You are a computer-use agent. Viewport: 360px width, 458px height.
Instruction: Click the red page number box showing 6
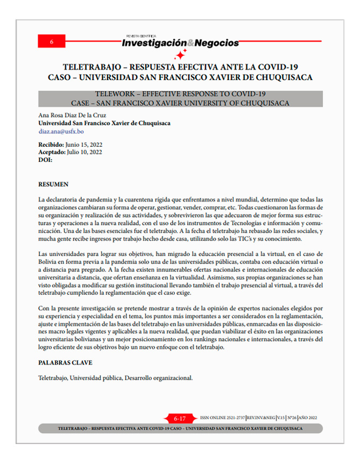tap(51, 41)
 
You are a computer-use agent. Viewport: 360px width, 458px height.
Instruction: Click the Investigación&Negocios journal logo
tap(181, 42)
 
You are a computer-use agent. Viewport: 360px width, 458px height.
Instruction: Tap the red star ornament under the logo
tap(181, 54)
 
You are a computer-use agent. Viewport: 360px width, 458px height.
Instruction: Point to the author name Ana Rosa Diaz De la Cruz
tap(72, 115)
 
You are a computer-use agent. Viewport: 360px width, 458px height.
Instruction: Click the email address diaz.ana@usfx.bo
tap(61, 131)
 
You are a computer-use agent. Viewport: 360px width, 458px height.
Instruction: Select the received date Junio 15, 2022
tap(83, 145)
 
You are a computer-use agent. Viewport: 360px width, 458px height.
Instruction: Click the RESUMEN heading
tap(53, 184)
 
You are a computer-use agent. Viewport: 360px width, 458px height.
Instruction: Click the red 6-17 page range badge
tap(179, 418)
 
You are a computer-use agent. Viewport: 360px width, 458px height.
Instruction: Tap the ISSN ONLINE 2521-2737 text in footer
tap(222, 418)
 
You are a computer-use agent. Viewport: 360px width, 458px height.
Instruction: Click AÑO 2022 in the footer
tap(309, 418)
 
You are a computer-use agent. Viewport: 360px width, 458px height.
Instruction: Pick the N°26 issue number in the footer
tap(291, 418)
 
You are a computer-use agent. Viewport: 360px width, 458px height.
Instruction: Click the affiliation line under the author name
tap(104, 123)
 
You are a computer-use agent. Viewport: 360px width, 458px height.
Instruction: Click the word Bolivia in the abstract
tap(49, 261)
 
